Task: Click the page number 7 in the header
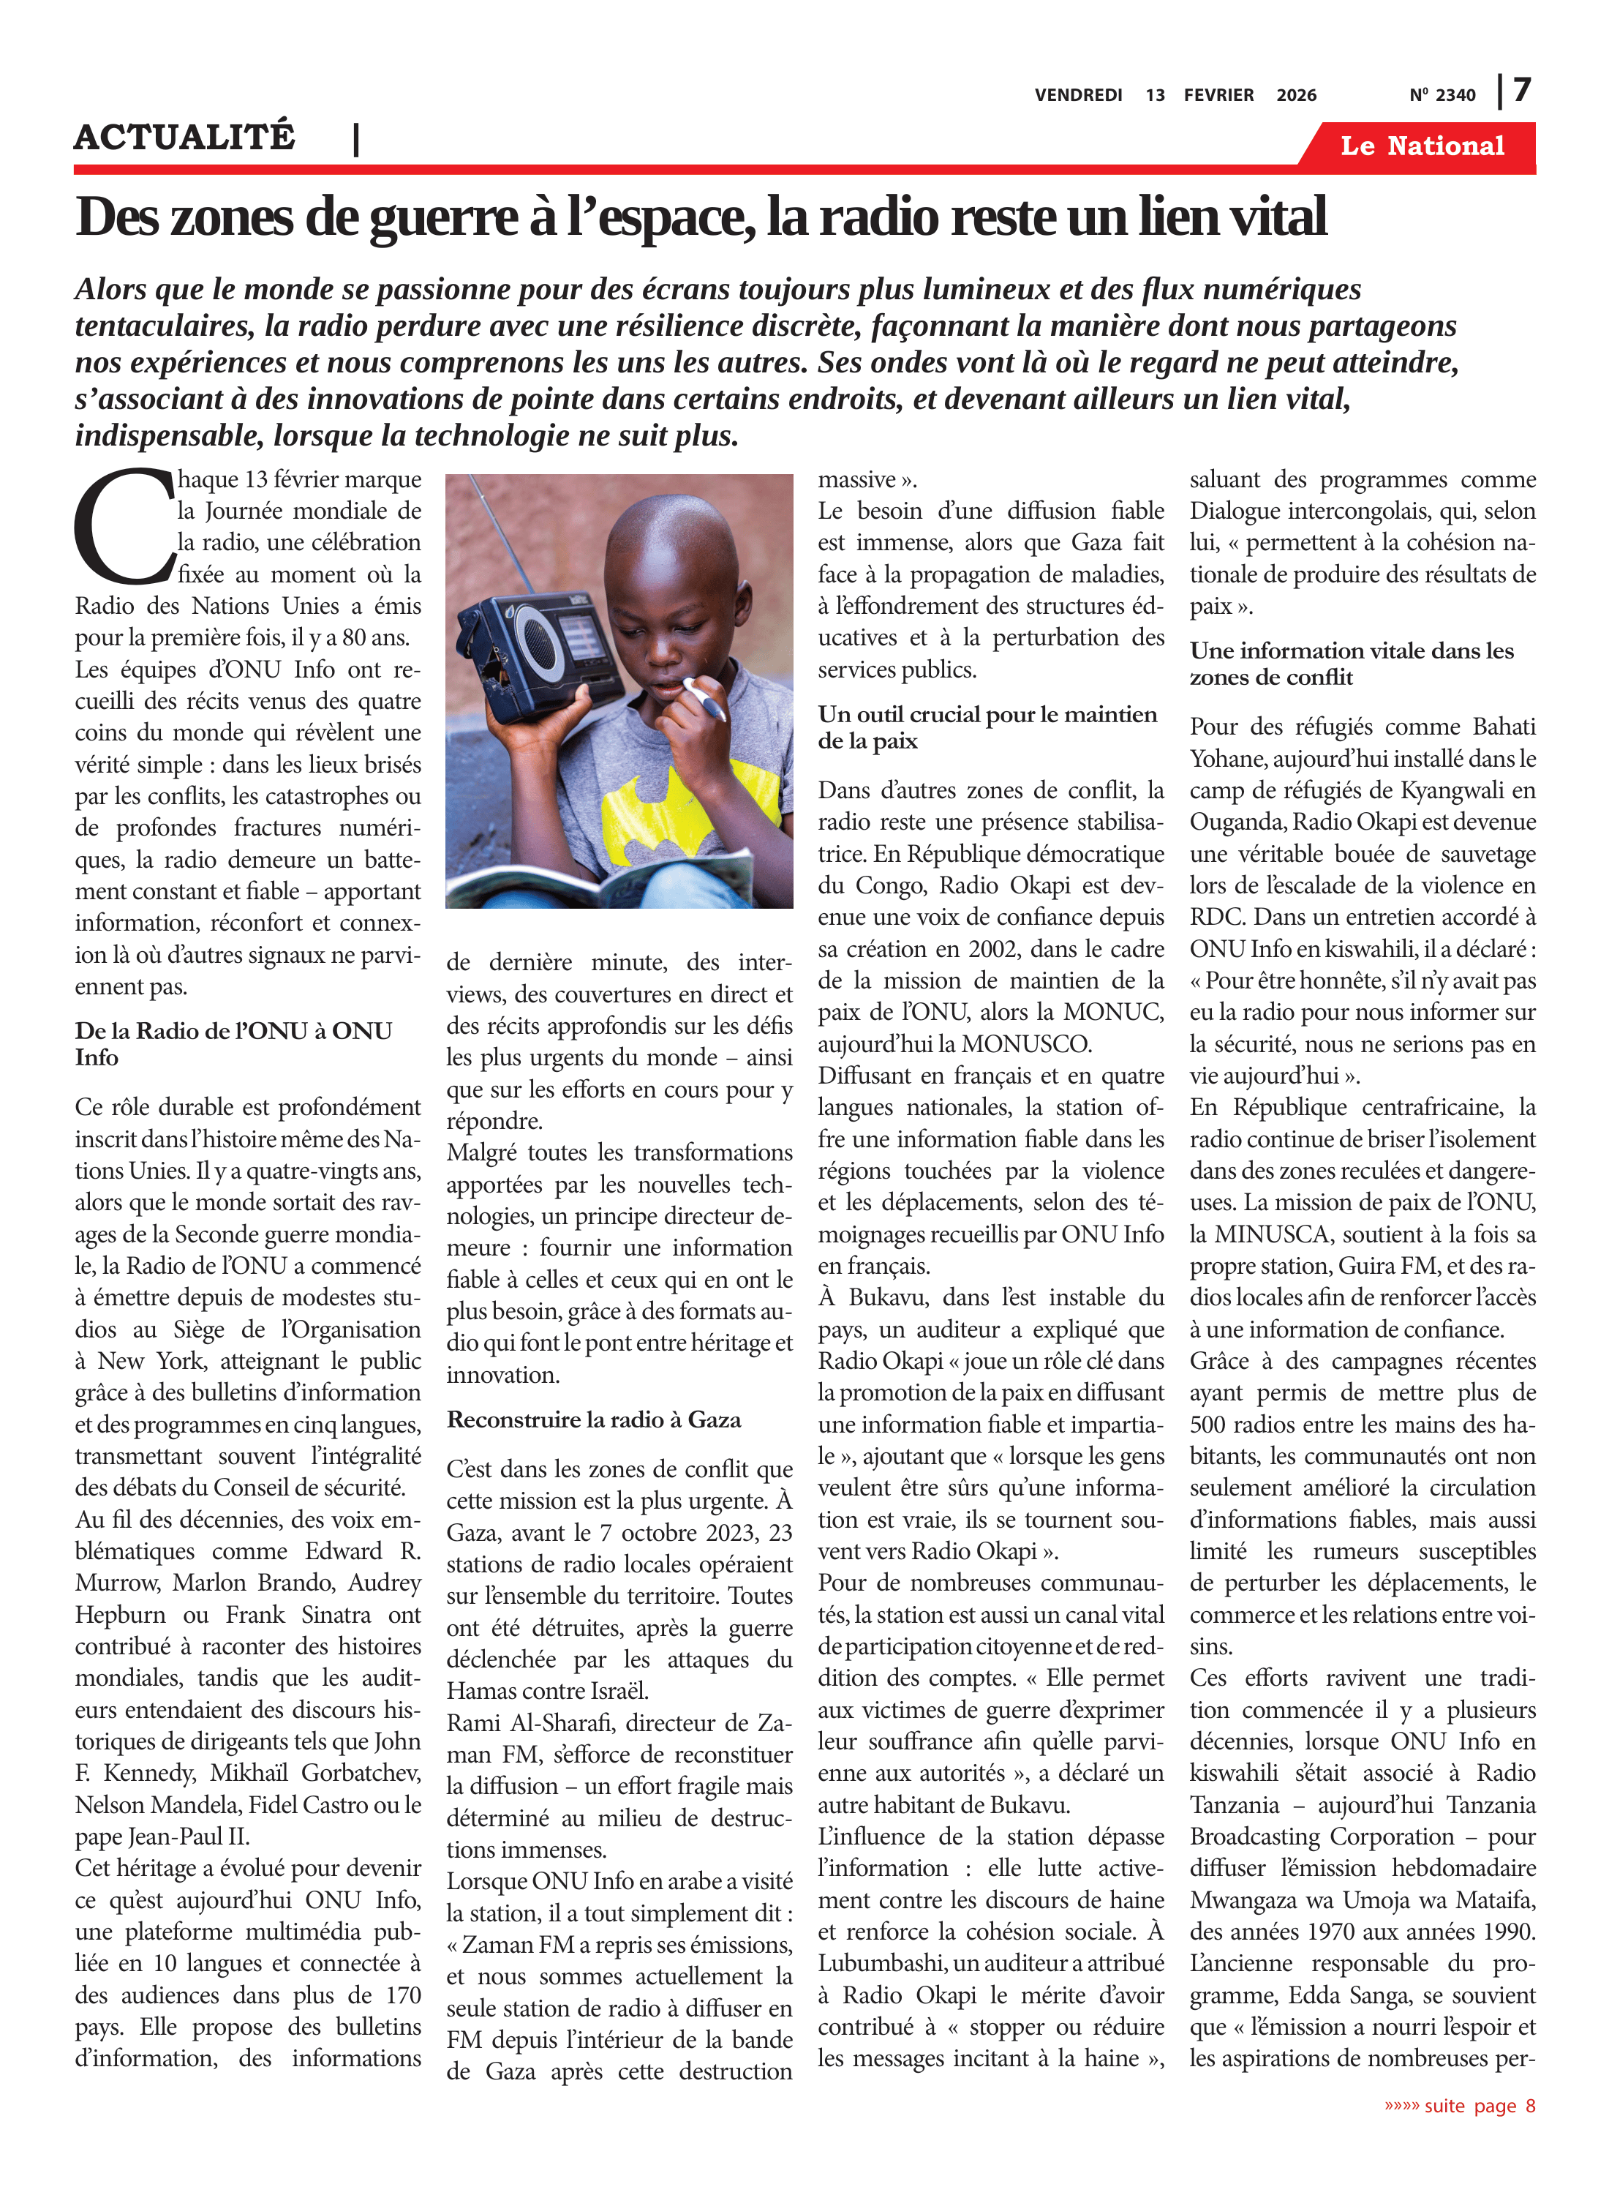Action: (x=1521, y=91)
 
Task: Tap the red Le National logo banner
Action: (x=1421, y=146)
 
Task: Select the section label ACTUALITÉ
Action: (x=184, y=138)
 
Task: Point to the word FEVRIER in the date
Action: (x=1218, y=95)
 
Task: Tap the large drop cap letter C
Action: (x=124, y=526)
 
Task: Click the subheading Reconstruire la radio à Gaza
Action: (x=593, y=1419)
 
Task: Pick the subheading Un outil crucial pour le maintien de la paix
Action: (x=987, y=727)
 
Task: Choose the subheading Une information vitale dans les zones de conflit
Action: (x=1351, y=664)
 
